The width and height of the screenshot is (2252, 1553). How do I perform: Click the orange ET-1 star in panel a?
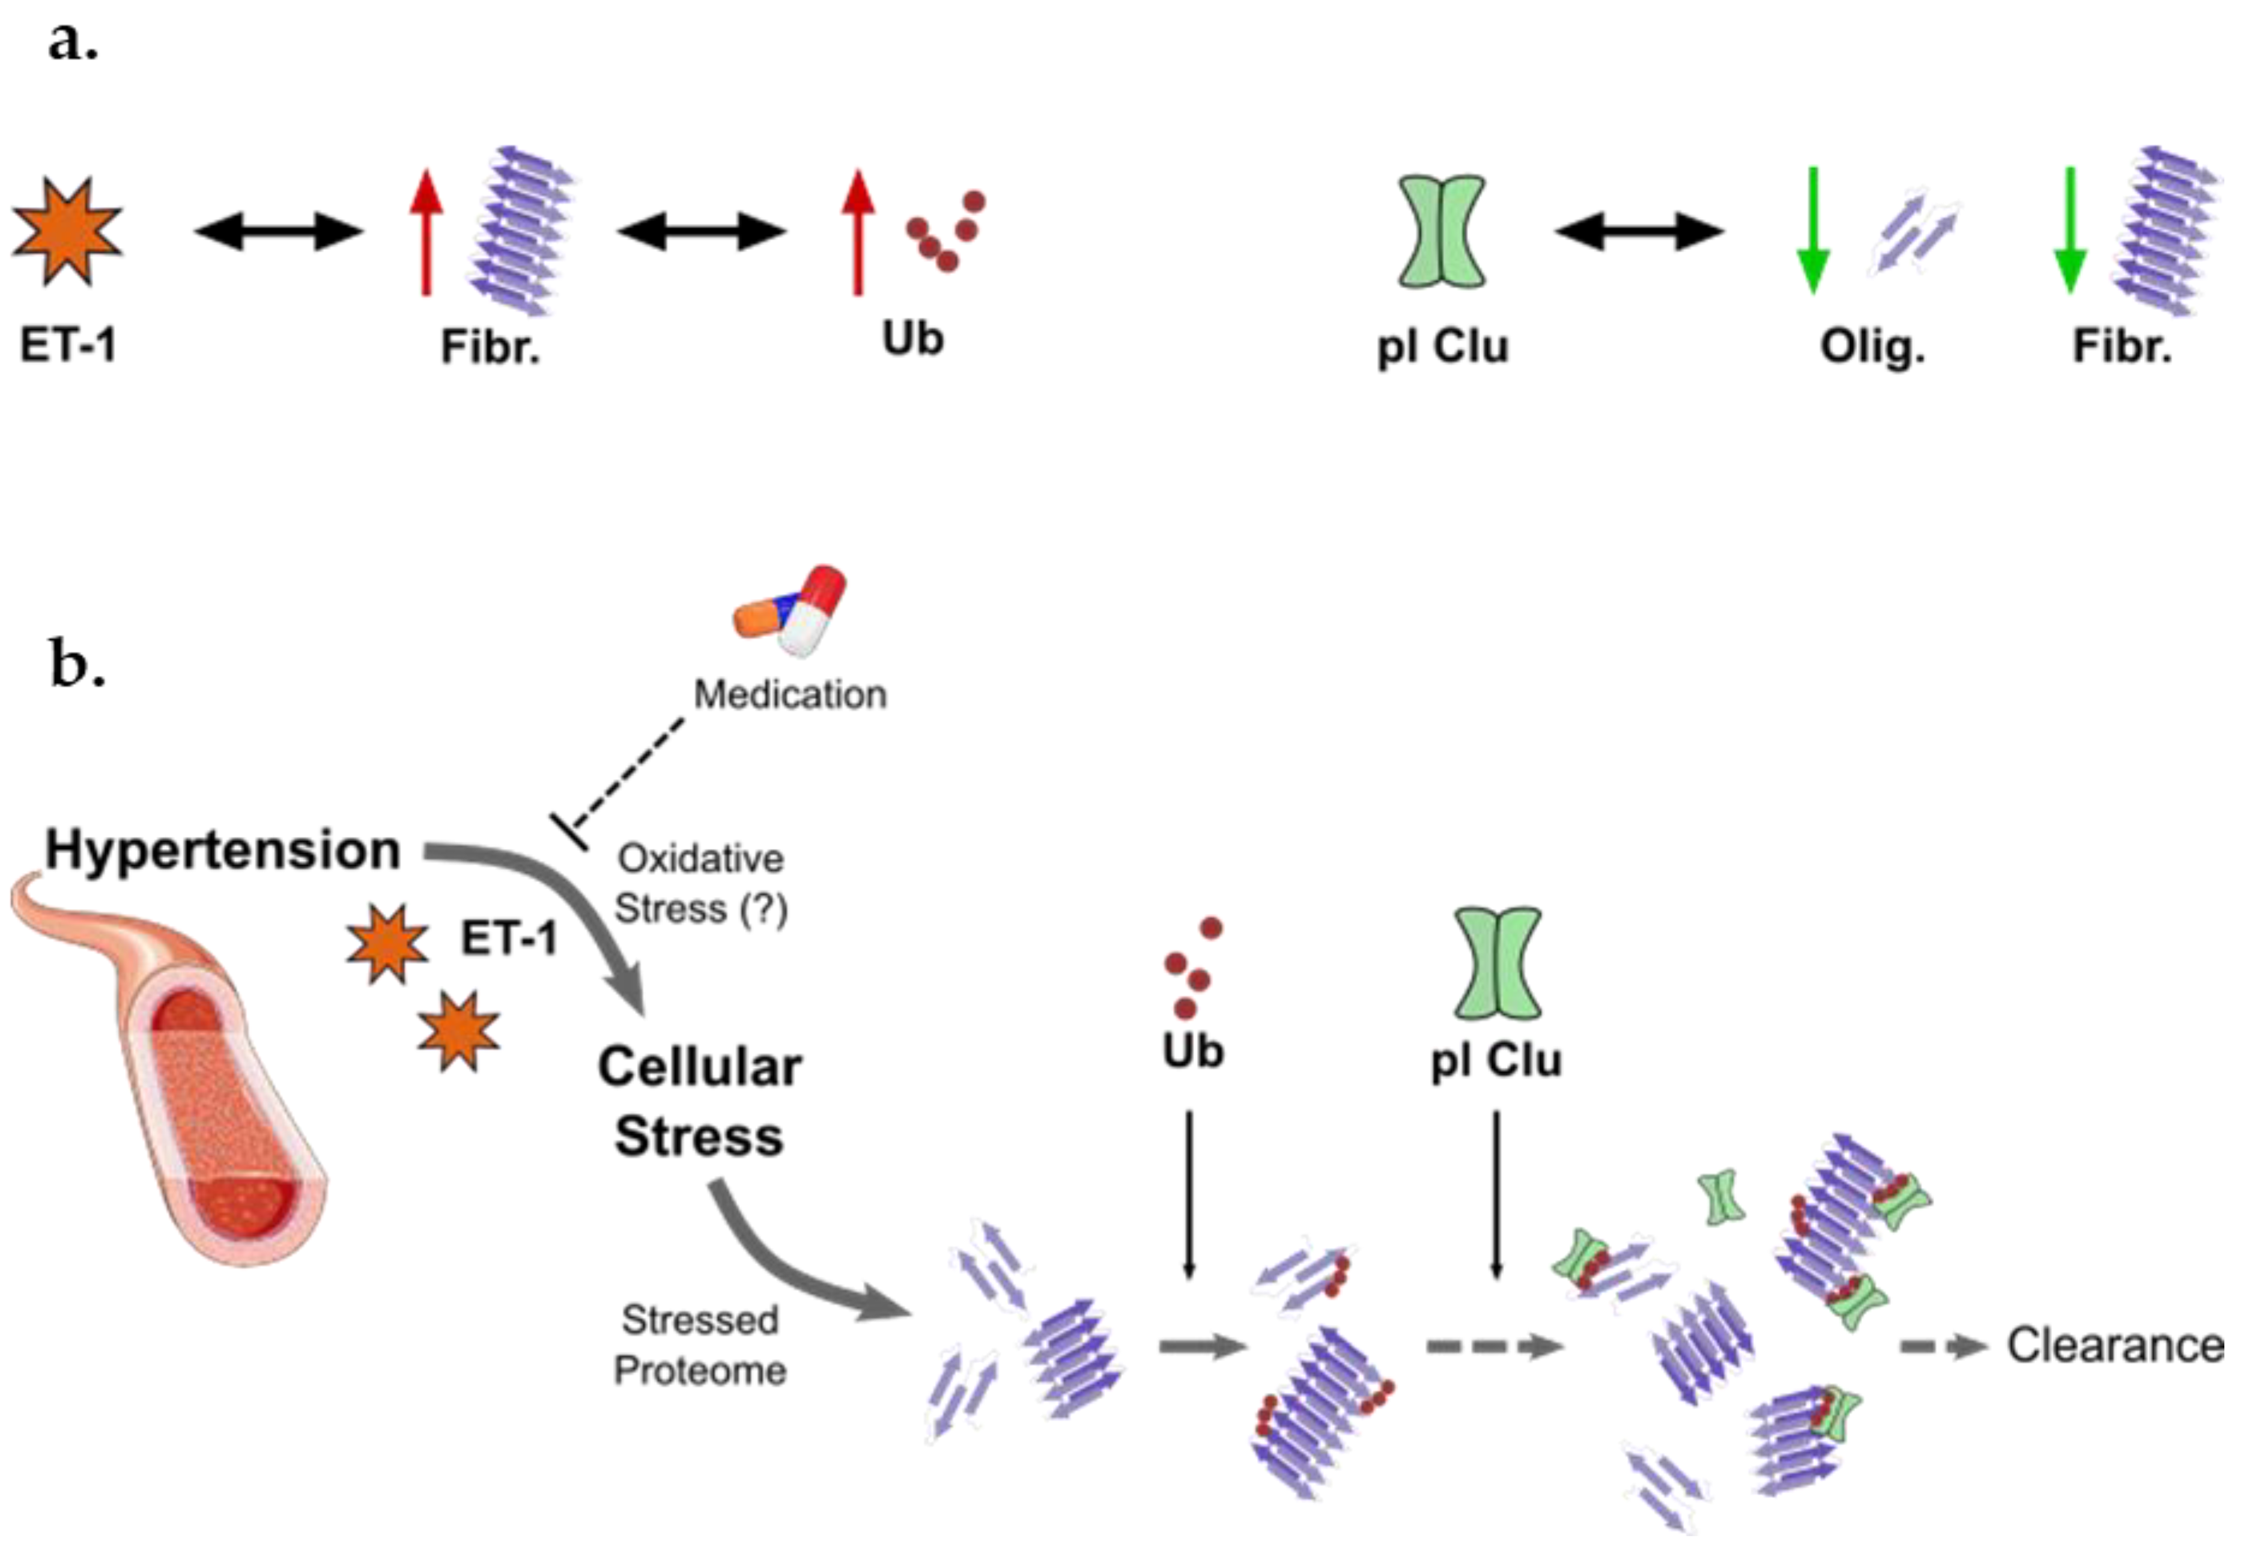click(x=66, y=231)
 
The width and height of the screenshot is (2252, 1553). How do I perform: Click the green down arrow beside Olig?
click(x=1812, y=231)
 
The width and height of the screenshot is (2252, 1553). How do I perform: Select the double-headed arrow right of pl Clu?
click(x=1639, y=231)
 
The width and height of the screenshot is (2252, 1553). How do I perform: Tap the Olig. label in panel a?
click(x=1872, y=347)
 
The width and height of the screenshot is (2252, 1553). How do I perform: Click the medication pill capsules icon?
click(x=790, y=611)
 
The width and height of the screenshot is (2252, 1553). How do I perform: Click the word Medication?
click(x=790, y=694)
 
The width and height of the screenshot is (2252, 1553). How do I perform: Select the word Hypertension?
click(x=223, y=849)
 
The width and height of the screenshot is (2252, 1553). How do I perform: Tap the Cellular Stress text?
click(x=699, y=1101)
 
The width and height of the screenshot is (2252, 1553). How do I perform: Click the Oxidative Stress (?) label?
click(x=700, y=884)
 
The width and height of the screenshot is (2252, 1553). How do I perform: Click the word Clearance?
click(x=2115, y=1346)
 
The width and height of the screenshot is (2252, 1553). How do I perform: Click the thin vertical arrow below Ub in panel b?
click(x=1189, y=1195)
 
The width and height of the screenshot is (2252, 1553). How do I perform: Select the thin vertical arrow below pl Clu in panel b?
click(x=1496, y=1195)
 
